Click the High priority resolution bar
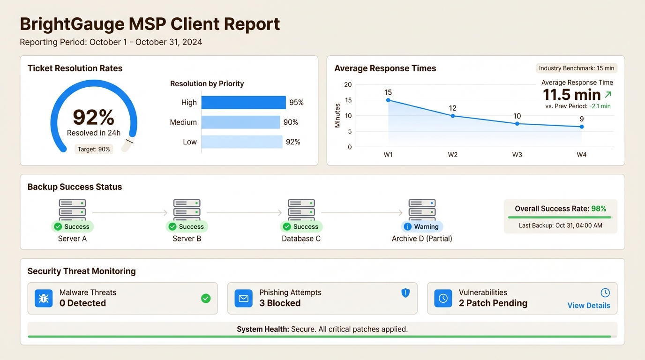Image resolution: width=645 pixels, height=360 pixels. tap(243, 103)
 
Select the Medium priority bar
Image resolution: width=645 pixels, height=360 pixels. tap(240, 122)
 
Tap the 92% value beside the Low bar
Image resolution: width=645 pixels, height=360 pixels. tap(293, 142)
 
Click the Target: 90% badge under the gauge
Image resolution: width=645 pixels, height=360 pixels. tap(94, 150)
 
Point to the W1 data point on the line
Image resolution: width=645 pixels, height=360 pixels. tap(388, 100)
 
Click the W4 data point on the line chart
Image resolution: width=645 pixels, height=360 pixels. tap(582, 127)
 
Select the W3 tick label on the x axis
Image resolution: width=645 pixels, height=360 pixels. tap(517, 155)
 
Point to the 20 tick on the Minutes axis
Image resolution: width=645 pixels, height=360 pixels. tap(348, 85)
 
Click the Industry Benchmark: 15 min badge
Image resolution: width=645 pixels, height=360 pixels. tap(577, 68)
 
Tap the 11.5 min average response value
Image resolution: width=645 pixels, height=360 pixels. tap(571, 95)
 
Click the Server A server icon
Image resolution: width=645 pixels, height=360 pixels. tap(72, 210)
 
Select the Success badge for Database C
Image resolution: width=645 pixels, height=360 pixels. tap(301, 227)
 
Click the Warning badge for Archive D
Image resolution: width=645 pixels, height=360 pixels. tap(422, 227)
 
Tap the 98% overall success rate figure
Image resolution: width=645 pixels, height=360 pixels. tap(599, 209)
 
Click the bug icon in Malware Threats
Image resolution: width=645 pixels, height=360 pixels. tap(44, 298)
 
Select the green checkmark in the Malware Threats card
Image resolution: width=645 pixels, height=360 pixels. tap(206, 298)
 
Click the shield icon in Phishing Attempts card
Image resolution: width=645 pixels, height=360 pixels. tap(405, 293)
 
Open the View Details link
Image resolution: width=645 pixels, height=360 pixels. tap(589, 306)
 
